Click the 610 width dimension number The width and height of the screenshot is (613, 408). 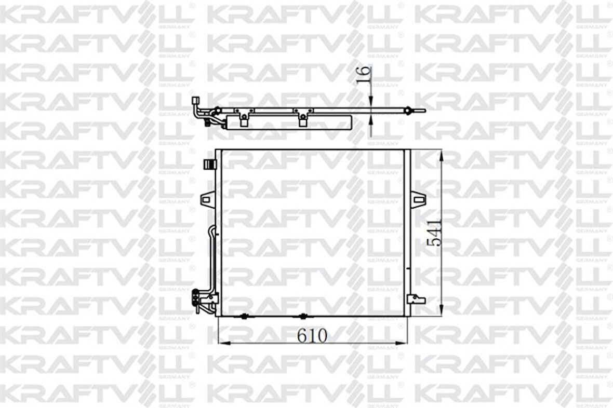pyautogui.click(x=312, y=336)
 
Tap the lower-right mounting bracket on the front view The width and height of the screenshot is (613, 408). pyautogui.click(x=417, y=299)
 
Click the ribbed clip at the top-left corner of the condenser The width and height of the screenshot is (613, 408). pyautogui.click(x=209, y=165)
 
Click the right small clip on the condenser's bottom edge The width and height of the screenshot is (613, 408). pyautogui.click(x=303, y=316)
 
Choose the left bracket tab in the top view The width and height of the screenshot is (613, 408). pyautogui.click(x=244, y=121)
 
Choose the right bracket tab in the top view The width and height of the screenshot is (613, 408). pyautogui.click(x=302, y=121)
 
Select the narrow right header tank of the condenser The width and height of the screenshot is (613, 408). pyautogui.click(x=407, y=233)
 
